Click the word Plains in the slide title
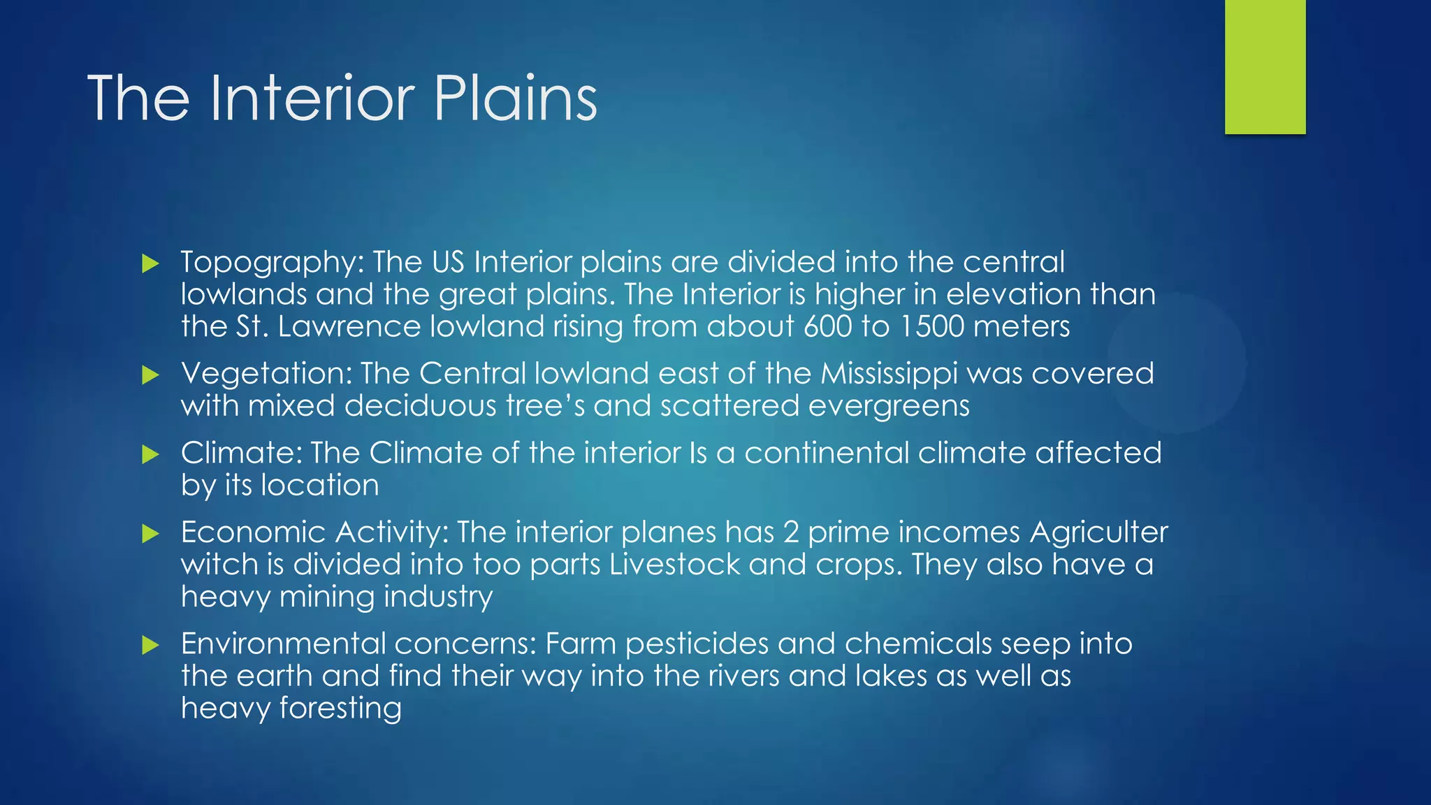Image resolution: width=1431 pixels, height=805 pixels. (x=515, y=99)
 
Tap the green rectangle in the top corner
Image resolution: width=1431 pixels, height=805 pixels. (x=1265, y=67)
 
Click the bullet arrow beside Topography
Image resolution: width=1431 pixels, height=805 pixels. (x=150, y=263)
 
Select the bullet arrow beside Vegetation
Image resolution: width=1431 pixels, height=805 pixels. (x=150, y=375)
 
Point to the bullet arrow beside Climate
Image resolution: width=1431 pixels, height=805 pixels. (x=150, y=455)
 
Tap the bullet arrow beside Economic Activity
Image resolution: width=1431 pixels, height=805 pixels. (x=150, y=535)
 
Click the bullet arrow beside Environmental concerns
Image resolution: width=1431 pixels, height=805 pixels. (x=150, y=645)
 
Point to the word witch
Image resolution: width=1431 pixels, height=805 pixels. (x=219, y=565)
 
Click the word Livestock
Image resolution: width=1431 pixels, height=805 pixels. (x=674, y=565)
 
